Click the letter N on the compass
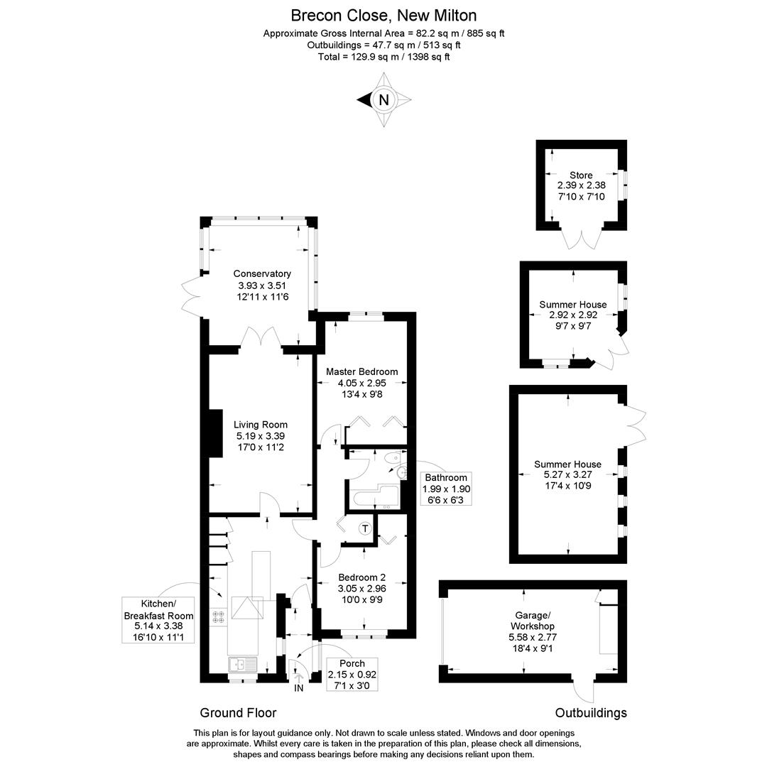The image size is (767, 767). [384, 100]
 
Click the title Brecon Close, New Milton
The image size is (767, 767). [383, 14]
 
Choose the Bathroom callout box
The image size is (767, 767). [445, 489]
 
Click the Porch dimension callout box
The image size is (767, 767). [352, 674]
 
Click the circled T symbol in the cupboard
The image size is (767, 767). [365, 528]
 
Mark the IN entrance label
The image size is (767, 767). [298, 688]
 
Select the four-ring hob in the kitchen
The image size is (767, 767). [218, 617]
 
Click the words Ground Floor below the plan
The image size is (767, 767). [238, 713]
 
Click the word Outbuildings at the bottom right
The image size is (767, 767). [590, 713]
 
